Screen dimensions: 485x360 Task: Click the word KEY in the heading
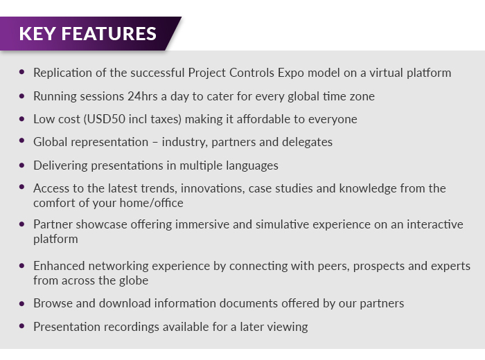click(x=37, y=34)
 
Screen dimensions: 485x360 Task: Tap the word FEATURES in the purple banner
click(x=109, y=34)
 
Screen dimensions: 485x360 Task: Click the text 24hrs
click(x=143, y=96)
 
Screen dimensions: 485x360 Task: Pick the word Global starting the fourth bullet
click(x=50, y=142)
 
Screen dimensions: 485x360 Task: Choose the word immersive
click(x=202, y=224)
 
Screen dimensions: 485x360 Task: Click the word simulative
click(x=283, y=224)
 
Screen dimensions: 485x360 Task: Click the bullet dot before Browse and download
click(x=21, y=303)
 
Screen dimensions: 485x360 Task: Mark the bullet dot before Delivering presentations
click(x=21, y=165)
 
